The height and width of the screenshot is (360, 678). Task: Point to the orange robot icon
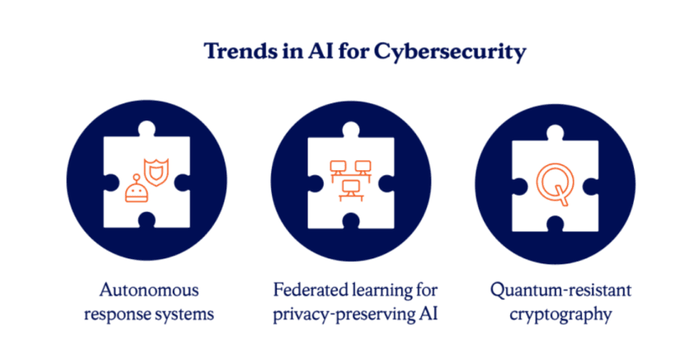coord(135,191)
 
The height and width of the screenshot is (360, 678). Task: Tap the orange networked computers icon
coord(350,179)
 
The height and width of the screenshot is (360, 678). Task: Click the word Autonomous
coord(147,291)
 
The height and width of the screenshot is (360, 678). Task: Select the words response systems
coord(147,314)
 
